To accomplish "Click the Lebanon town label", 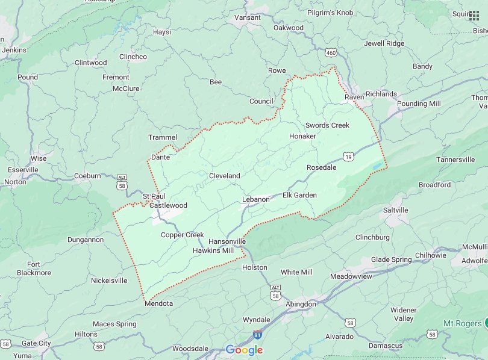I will [x=255, y=199].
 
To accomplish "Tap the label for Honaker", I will [x=302, y=136].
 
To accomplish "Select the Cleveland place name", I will [x=224, y=176].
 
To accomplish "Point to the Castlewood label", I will [x=168, y=205].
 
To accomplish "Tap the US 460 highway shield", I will [x=331, y=54].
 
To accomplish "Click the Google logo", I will [x=244, y=350].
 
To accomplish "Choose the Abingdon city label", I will [x=301, y=304].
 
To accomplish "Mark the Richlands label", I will [x=381, y=94].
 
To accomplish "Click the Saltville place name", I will [x=396, y=210].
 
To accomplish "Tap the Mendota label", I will [x=159, y=303].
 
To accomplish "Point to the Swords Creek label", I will [x=327, y=125].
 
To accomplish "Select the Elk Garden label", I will [x=299, y=195].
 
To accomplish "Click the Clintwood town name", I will [x=90, y=63].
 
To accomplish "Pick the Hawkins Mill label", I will [x=213, y=250].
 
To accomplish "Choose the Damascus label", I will [x=386, y=346].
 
